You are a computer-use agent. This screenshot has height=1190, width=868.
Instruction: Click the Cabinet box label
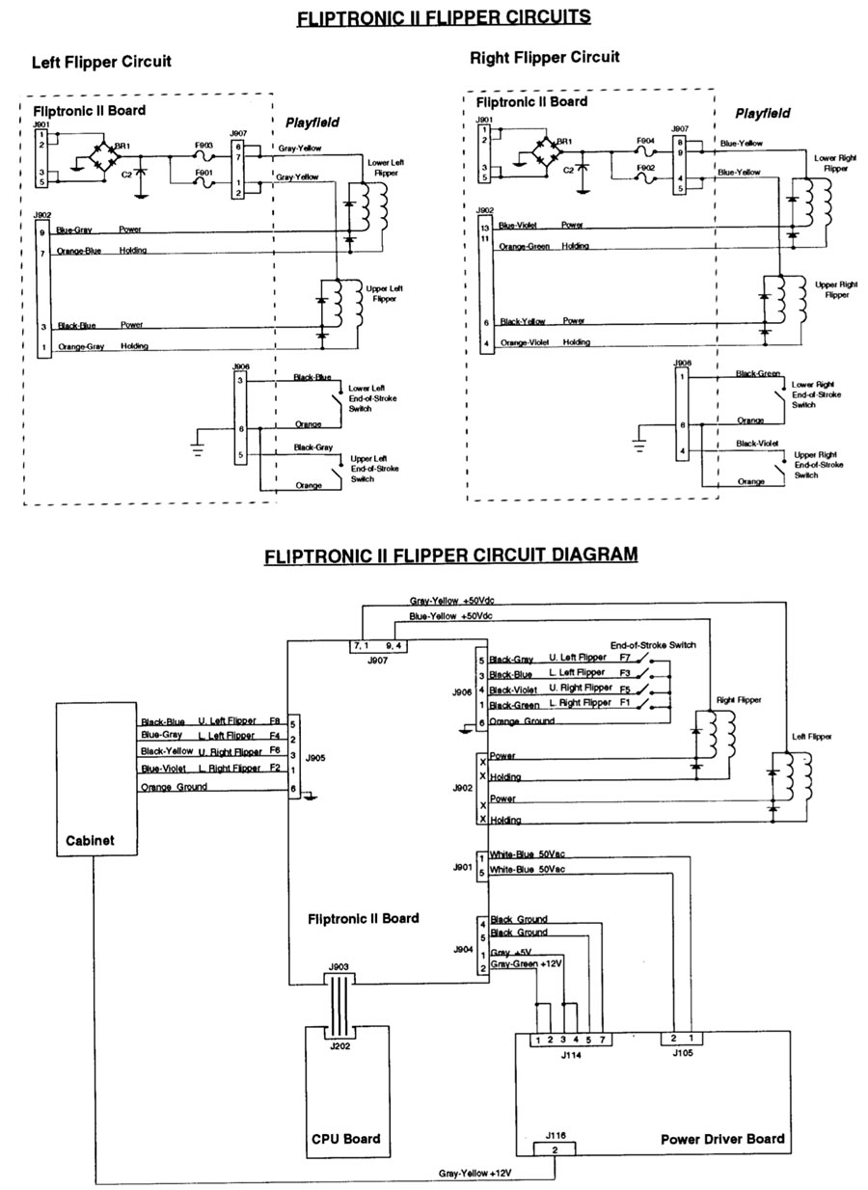[90, 840]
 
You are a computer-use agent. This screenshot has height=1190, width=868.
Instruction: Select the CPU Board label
[346, 1138]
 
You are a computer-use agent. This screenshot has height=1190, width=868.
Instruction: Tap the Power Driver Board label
[722, 1139]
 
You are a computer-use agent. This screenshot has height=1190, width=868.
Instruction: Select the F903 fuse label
[203, 145]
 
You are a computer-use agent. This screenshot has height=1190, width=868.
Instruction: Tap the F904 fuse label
[645, 140]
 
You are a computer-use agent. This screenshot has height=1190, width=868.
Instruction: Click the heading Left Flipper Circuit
[101, 62]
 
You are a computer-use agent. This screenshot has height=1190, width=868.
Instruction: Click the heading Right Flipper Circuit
[544, 58]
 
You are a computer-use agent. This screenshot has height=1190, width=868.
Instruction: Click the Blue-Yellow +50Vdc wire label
[451, 615]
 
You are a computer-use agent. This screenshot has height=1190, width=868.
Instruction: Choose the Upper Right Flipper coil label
[835, 289]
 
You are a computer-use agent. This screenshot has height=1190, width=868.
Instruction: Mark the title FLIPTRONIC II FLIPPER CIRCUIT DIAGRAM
[450, 555]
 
